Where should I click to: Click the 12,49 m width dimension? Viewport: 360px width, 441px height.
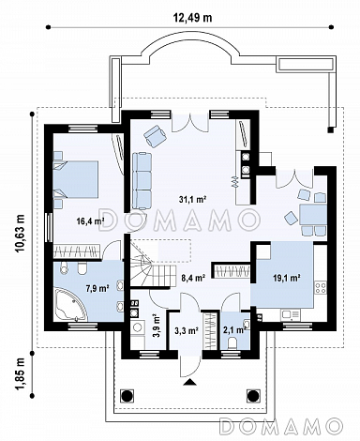tap(192, 18)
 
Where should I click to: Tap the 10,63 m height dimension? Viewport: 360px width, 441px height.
tap(20, 234)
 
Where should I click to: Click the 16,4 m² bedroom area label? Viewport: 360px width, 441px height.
tap(90, 221)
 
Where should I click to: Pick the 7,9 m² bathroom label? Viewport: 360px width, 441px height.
tap(97, 288)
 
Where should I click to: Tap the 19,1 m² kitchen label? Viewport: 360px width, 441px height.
tap(287, 278)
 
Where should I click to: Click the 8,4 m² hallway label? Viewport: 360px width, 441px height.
tap(193, 277)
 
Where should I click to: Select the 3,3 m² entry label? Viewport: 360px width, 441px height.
tap(187, 330)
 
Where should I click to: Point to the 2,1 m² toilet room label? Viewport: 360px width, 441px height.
tap(233, 330)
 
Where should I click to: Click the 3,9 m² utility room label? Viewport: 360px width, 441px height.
tap(157, 326)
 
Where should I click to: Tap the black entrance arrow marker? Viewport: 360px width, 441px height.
tap(189, 382)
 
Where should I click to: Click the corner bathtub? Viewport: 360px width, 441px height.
tap(70, 305)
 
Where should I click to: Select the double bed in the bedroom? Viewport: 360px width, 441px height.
tap(76, 179)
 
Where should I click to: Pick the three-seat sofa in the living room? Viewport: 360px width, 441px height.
tap(142, 181)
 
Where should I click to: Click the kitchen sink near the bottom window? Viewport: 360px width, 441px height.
tap(291, 314)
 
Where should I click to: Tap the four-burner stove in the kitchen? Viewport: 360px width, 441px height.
tap(321, 288)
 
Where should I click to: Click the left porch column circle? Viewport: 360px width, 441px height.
tap(127, 396)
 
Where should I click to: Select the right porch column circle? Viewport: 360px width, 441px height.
tap(253, 396)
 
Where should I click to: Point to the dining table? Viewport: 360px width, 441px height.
tap(313, 215)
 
